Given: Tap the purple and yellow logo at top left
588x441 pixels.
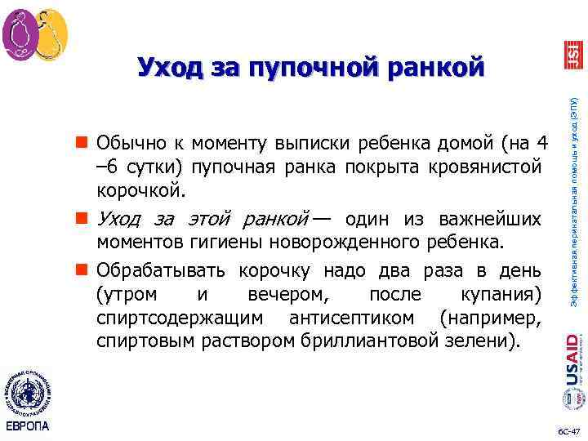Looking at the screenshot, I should click(x=34, y=35).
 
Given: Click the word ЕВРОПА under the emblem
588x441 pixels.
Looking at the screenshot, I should click(x=27, y=426).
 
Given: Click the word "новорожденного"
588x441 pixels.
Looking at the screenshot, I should click(x=356, y=243).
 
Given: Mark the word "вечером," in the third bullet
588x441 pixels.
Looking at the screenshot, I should click(x=278, y=293).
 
